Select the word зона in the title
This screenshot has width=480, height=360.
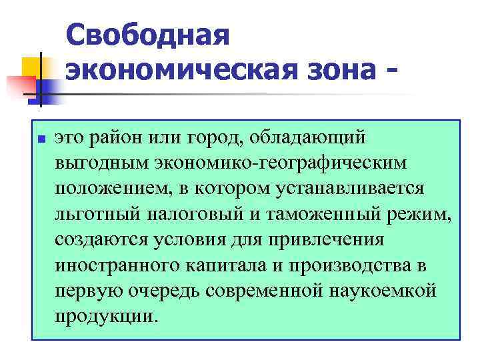[337, 69]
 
